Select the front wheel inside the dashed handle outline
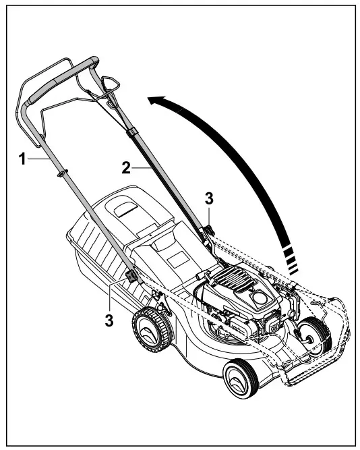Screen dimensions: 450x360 [x=313, y=334]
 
